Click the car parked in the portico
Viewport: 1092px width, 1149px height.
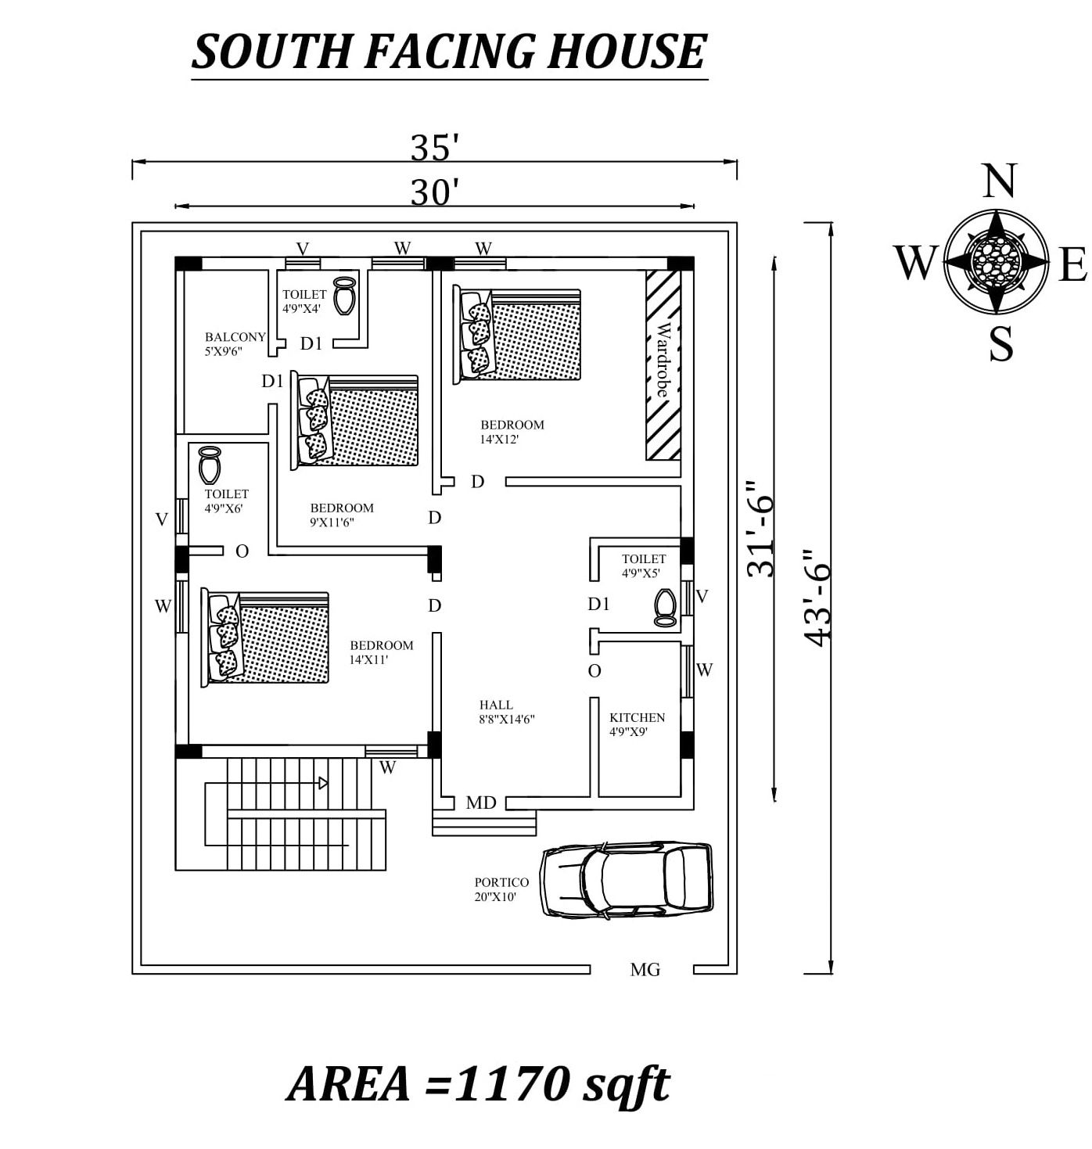point(626,880)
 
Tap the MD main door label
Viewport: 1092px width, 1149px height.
point(480,803)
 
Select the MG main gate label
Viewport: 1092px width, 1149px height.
point(645,970)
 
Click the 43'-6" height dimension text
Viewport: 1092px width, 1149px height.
point(816,598)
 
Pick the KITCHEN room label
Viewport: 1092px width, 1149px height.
point(637,717)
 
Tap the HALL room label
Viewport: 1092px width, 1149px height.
point(496,705)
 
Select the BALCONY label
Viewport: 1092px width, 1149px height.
point(235,336)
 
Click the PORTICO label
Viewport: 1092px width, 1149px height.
point(501,882)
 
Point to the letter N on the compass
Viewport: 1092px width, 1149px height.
point(999,181)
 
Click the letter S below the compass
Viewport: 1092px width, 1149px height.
point(1000,344)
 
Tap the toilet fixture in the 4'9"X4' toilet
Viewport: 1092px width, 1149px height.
point(344,296)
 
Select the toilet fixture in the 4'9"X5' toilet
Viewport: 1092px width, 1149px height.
point(665,608)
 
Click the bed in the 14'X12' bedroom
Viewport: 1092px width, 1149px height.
point(517,334)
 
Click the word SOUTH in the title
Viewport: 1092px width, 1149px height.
point(271,52)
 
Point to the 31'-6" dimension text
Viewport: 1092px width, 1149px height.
point(760,529)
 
